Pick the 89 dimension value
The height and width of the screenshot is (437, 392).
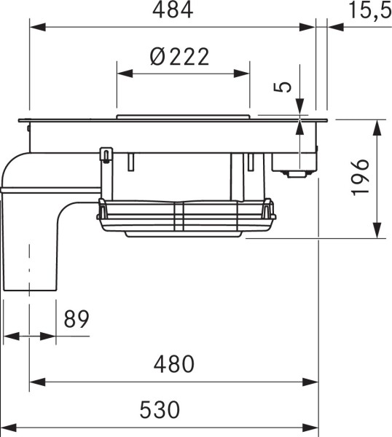[x=77, y=319]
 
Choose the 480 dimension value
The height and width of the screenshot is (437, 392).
[x=173, y=364]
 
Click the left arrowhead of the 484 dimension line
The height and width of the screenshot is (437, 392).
[x=35, y=27]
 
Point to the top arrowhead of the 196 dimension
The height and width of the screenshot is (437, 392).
[x=377, y=125]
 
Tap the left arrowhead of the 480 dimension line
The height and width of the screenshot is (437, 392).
[x=35, y=381]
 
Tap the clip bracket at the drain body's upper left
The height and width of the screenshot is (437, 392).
[x=105, y=155]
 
